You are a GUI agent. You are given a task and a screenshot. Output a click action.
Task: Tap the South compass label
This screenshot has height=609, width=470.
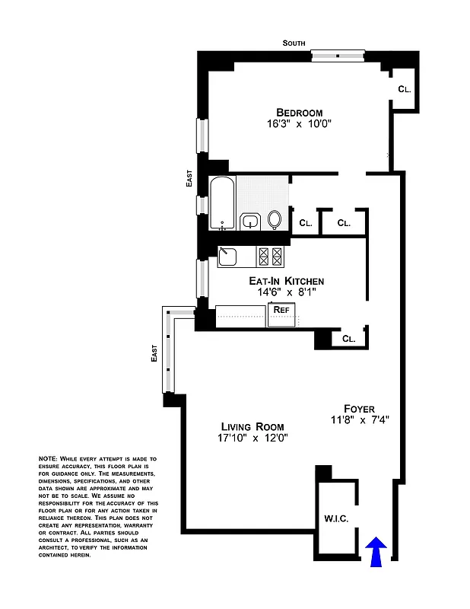(294, 43)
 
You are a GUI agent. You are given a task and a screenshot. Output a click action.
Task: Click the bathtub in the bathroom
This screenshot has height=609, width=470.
(222, 202)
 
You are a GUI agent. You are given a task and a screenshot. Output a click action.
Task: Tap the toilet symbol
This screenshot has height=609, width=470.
(275, 220)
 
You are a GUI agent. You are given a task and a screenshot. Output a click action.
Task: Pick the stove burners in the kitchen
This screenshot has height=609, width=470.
(271, 257)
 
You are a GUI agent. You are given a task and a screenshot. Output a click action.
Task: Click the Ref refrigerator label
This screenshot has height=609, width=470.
(281, 310)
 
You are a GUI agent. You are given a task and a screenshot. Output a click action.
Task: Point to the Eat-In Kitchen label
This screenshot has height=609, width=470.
(287, 281)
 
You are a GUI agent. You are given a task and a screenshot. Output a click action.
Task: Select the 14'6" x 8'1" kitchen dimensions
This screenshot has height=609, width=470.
(287, 292)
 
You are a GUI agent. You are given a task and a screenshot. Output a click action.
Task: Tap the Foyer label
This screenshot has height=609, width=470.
(358, 409)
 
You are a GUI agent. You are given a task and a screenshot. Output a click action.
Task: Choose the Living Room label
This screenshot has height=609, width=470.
(252, 426)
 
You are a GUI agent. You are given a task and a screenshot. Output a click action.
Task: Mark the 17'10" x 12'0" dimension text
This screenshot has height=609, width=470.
(252, 438)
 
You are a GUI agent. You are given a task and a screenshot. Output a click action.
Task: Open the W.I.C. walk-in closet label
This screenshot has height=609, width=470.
(335, 519)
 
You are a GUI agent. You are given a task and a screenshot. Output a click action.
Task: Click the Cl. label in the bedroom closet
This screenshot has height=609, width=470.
(405, 89)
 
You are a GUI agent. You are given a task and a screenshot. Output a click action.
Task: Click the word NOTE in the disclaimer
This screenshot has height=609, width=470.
(47, 459)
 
